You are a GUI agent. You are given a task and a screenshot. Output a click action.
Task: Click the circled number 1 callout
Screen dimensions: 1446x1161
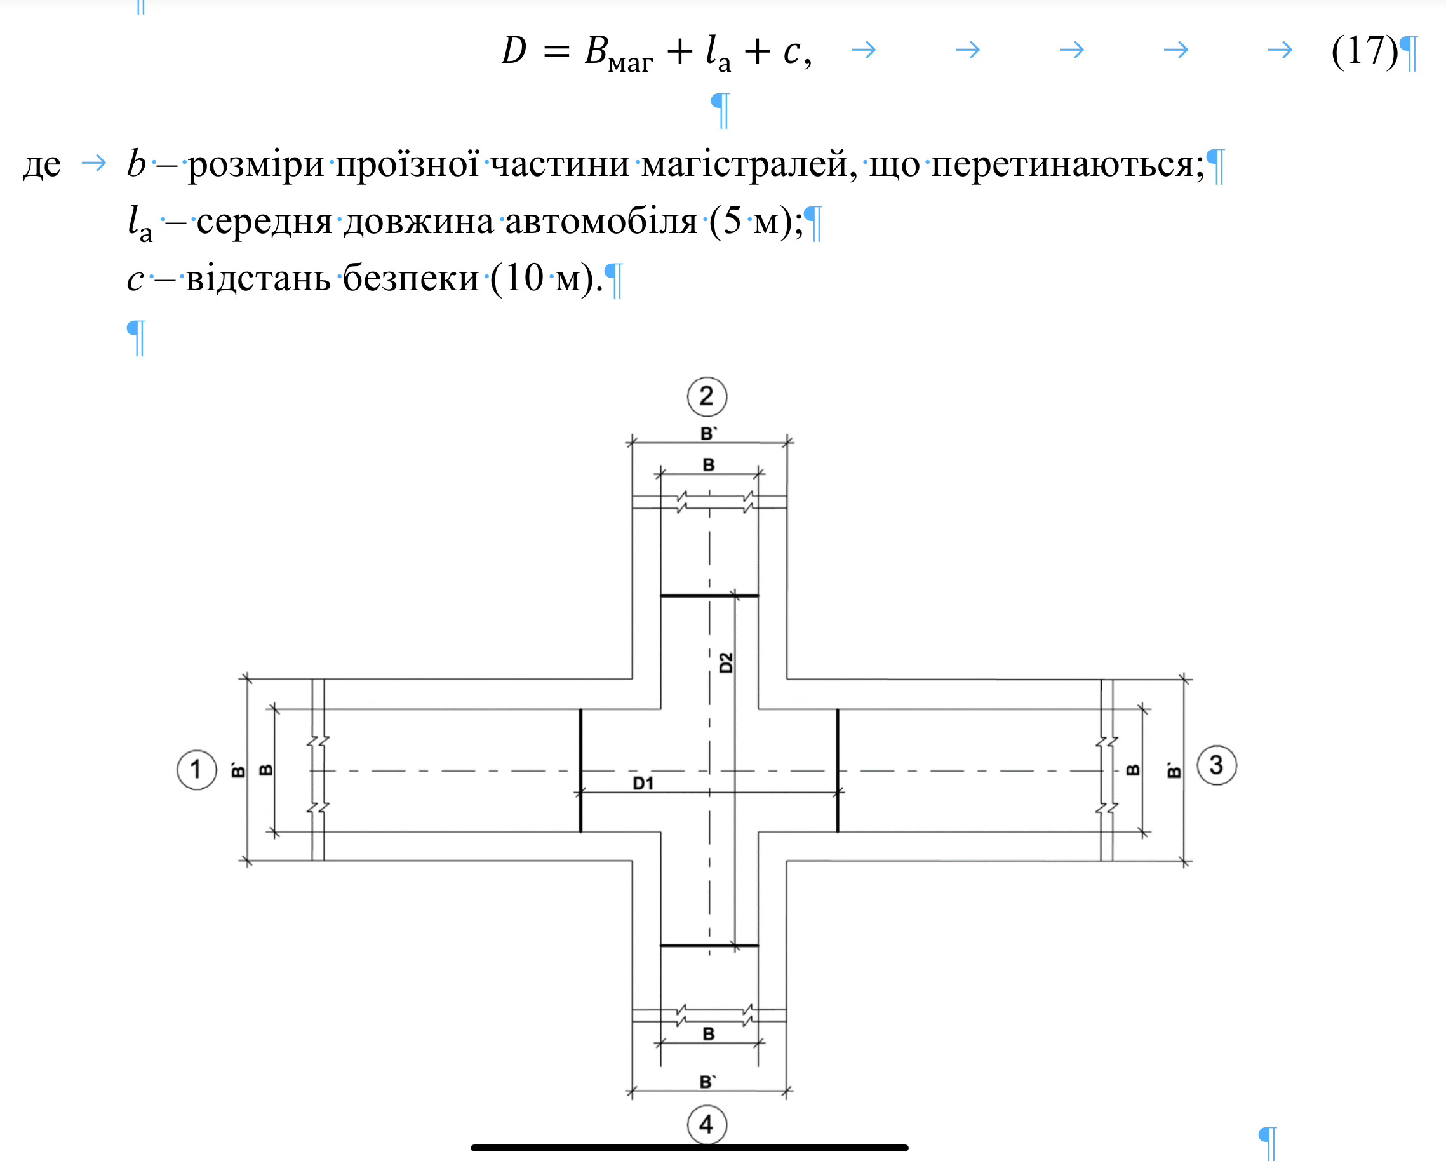[196, 769]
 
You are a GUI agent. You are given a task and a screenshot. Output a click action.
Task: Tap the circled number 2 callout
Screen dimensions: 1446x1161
[707, 396]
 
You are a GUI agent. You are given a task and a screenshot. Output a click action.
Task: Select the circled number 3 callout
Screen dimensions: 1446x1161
[1217, 765]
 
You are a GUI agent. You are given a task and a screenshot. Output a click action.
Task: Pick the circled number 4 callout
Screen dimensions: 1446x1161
[707, 1125]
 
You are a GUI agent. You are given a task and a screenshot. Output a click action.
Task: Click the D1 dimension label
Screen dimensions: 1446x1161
[643, 782]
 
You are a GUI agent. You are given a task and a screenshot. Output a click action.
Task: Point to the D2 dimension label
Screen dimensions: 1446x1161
[726, 662]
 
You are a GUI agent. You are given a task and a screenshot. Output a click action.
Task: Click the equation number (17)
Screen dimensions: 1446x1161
[1365, 50]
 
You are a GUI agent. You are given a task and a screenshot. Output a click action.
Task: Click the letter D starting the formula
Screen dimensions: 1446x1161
[514, 50]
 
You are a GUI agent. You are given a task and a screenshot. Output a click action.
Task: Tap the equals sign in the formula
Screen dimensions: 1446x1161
[557, 51]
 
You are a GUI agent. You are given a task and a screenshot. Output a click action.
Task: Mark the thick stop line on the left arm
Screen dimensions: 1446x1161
[580, 770]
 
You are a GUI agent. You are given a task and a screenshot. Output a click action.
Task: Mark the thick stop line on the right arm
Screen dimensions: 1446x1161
[838, 770]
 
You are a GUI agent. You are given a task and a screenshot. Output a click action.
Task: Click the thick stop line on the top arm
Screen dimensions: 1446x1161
[709, 595]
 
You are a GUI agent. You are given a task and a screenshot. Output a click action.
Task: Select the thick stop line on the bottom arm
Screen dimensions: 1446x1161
[709, 946]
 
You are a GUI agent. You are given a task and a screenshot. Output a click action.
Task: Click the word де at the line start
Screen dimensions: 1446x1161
[41, 165]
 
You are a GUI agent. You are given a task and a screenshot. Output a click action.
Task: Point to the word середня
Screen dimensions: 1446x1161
[264, 221]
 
